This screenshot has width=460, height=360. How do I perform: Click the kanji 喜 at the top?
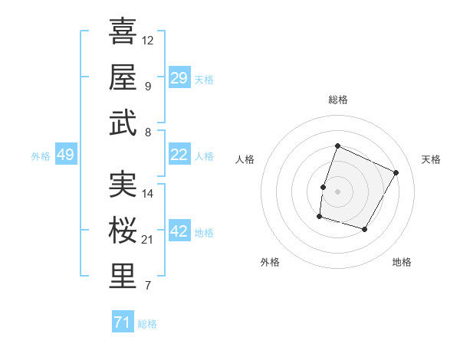123,31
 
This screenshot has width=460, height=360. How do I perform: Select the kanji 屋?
123,77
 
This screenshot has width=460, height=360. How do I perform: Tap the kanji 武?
123,123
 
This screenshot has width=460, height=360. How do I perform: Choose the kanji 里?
123,277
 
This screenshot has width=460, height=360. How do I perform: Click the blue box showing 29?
179,78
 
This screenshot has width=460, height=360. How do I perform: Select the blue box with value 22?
179,155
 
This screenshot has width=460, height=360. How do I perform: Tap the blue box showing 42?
179,231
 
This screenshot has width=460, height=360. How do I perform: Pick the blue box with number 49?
65,155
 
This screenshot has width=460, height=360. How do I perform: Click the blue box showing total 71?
122,322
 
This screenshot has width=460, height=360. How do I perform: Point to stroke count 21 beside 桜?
148,240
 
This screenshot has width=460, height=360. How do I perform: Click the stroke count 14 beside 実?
148,194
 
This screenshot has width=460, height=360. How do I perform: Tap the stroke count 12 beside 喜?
148,40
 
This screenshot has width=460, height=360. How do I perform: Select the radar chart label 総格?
337,100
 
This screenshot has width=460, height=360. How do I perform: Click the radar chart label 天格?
431,159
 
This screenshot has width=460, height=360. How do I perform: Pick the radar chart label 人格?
245,159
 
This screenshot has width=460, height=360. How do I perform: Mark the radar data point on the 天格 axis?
396,172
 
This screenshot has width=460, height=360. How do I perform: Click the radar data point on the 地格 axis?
365,230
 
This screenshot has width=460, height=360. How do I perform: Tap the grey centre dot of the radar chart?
337,191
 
